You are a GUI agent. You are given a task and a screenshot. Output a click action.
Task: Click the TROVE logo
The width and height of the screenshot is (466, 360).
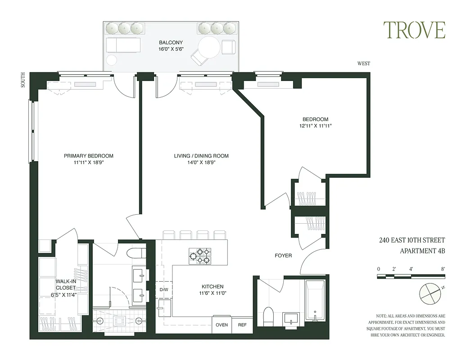pos(414,30)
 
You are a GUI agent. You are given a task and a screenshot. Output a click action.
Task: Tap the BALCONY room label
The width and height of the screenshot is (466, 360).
pos(171,43)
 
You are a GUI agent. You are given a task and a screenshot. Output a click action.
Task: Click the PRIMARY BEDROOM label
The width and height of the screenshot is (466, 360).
pos(88,156)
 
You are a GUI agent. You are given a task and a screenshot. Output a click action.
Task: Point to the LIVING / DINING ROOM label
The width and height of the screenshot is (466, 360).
pos(201,156)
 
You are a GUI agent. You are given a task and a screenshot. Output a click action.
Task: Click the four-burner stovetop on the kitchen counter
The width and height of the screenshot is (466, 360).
pos(200,256)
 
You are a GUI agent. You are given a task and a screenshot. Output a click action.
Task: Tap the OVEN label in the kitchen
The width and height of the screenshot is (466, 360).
pos(222,325)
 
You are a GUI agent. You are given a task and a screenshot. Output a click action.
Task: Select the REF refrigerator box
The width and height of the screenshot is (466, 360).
pos(242,325)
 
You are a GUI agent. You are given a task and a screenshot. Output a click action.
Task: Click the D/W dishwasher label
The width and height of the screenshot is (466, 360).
pos(163,289)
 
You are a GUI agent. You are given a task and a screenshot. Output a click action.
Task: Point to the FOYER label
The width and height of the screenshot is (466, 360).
pos(283,256)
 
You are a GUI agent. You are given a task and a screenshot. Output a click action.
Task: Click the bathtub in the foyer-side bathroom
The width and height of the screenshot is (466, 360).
pos(315,300)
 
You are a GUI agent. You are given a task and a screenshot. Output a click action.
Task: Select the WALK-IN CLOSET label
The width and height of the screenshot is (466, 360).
pos(66,284)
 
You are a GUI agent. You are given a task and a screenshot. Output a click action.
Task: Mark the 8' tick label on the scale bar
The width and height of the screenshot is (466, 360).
pos(443,269)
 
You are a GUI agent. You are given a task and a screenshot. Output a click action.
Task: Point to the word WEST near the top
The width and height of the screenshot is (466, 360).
pos(363,63)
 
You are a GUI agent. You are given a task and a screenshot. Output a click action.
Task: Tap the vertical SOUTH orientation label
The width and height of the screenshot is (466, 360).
pos(23,81)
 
